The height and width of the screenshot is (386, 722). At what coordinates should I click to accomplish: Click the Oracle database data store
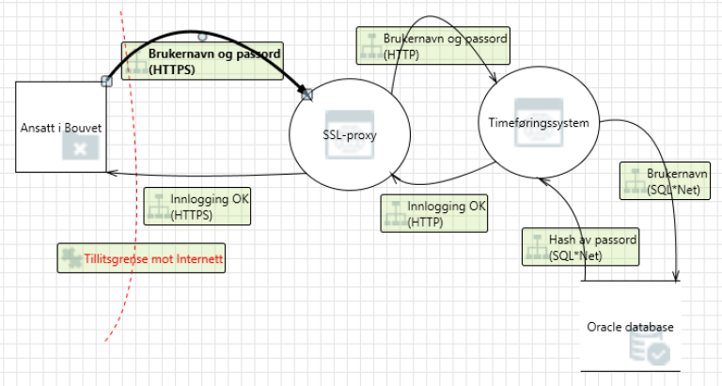click(630, 326)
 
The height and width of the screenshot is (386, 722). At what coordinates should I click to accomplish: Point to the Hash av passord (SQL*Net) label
click(581, 247)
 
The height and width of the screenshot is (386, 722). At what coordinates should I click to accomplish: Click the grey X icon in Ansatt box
click(81, 147)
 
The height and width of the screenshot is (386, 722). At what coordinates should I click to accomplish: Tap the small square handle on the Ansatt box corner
click(106, 82)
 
